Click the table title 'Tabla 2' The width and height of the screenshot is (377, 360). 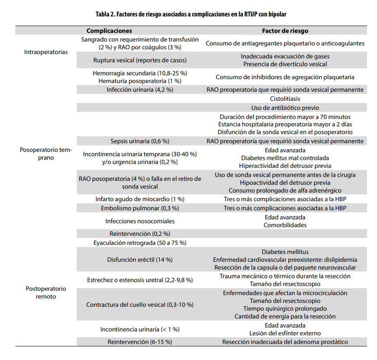[190, 14]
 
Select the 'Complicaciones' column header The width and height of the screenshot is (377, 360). [109, 31]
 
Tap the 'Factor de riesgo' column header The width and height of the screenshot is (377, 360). [285, 31]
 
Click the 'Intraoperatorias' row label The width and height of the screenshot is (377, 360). [46, 52]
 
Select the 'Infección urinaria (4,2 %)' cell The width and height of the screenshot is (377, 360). [140, 90]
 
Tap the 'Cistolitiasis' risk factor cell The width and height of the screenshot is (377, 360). [285, 99]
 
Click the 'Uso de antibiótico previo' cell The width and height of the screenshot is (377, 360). [285, 108]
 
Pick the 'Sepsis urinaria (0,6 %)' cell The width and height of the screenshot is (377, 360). [140, 141]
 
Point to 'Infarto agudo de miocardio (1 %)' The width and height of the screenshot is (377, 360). [140, 199]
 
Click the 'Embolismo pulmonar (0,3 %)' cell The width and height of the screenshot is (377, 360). [140, 208]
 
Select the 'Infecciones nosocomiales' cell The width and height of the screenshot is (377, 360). [140, 221]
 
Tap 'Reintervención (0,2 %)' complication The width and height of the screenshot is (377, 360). [140, 234]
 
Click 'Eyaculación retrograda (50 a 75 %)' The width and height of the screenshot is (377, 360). [140, 243]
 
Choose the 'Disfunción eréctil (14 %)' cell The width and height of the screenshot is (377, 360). [140, 260]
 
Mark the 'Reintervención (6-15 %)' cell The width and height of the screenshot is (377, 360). [140, 342]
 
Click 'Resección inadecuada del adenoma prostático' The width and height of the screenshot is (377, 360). [285, 342]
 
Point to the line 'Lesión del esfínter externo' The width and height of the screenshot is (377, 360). [285, 333]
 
